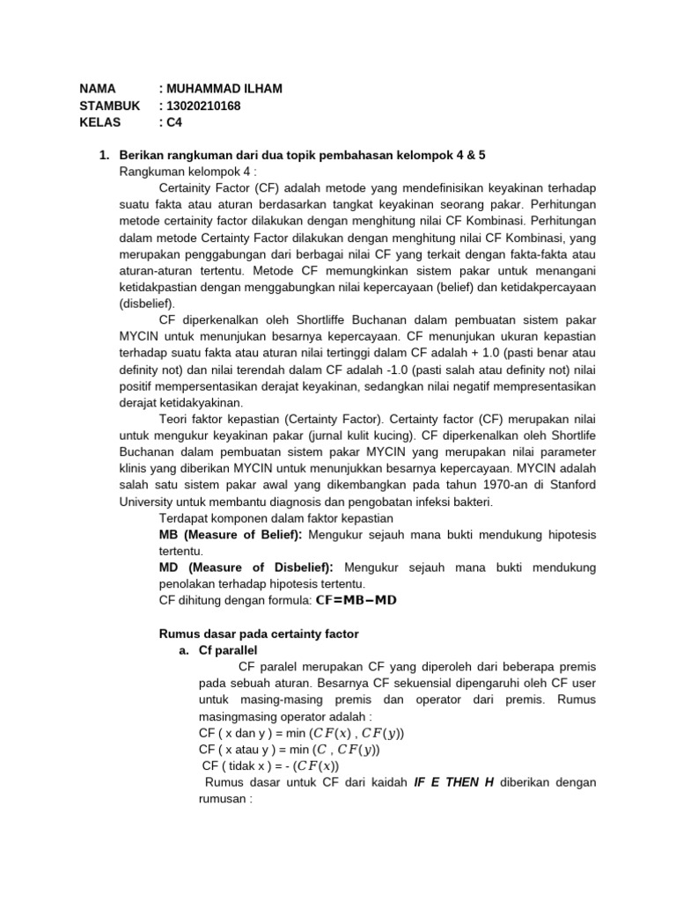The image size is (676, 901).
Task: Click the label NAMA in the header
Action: pos(99,89)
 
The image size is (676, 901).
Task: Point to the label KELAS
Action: pos(100,122)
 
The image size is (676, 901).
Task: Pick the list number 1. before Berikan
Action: pos(104,155)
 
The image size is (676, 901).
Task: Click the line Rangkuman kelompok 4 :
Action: pos(181,172)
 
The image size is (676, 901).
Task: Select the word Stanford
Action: pos(562,485)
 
